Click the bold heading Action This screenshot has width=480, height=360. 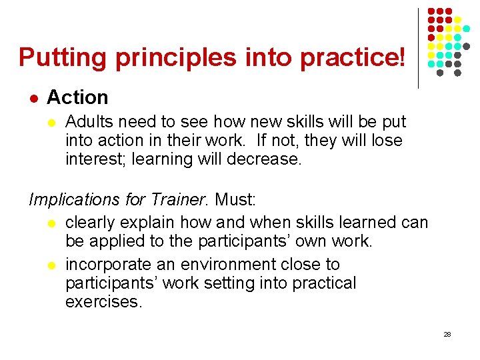pyautogui.click(x=77, y=97)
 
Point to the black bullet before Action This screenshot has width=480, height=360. pyautogui.click(x=33, y=98)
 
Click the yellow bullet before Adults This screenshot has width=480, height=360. pyautogui.click(x=54, y=123)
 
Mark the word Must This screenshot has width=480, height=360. pyautogui.click(x=234, y=199)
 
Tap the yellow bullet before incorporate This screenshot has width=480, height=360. pyautogui.click(x=54, y=265)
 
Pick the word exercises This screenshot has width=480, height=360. pyautogui.click(x=103, y=301)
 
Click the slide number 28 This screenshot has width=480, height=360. pyautogui.click(x=447, y=334)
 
